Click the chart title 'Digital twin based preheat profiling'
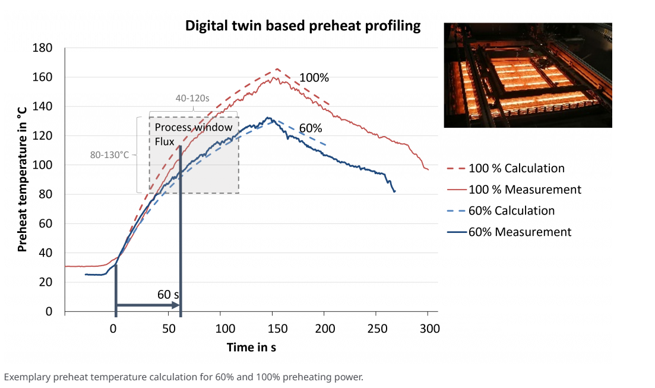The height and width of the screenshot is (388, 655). (303, 26)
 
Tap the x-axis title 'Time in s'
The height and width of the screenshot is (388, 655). (251, 348)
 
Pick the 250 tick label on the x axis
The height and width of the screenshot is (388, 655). (376, 329)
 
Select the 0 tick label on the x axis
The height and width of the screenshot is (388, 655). (113, 329)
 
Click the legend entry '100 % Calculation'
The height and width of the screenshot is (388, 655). (516, 168)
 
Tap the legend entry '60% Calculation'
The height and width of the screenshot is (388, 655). (511, 211)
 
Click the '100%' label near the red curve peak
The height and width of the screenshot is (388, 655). (314, 78)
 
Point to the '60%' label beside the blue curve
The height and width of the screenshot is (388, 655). (311, 128)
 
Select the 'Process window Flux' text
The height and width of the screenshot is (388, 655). (193, 134)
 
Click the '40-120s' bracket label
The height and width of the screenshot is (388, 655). (193, 97)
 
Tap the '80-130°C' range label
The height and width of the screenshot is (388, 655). (109, 155)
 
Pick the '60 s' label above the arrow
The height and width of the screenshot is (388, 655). (169, 294)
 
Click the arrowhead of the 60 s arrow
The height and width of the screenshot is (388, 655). (176, 305)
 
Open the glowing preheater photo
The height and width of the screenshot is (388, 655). (527, 75)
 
